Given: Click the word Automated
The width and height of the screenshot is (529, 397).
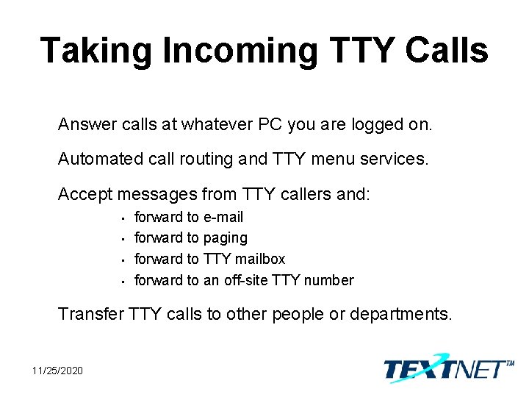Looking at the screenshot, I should (x=93, y=159).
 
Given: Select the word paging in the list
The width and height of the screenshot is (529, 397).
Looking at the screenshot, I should (x=226, y=237).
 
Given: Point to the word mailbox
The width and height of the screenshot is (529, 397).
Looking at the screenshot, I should (x=260, y=259).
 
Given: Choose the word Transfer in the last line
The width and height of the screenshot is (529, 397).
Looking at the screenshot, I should (x=90, y=314).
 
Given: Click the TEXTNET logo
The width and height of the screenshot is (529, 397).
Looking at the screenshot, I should (x=447, y=367).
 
